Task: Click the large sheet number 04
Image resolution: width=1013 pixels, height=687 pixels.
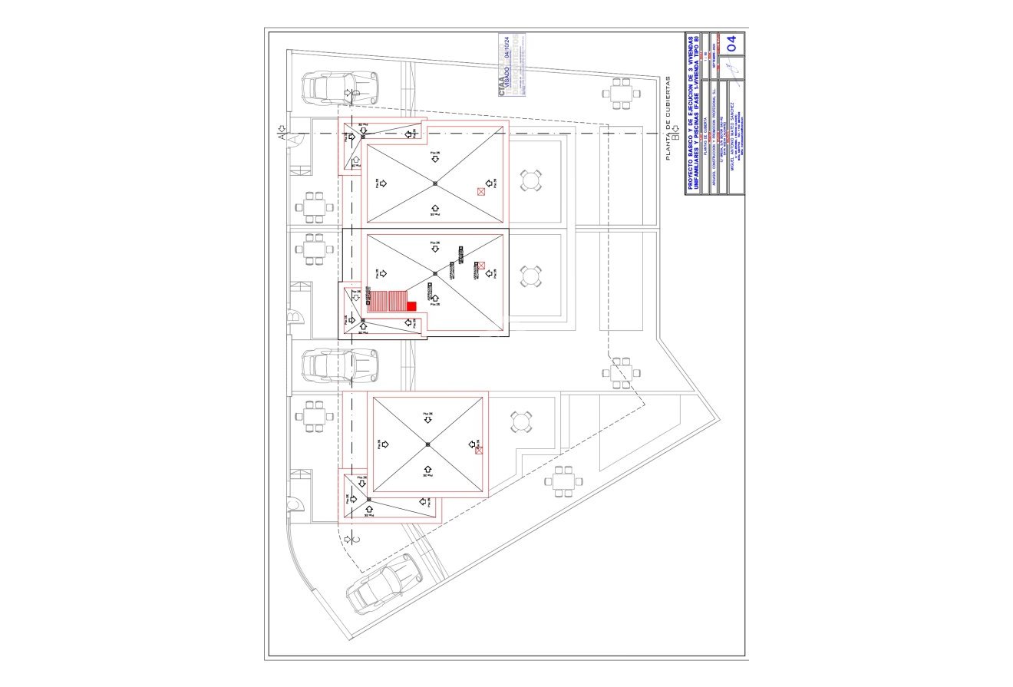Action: tap(733, 44)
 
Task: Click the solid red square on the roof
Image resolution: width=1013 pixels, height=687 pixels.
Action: tap(411, 306)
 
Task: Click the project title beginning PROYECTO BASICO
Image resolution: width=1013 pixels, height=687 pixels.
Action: tap(692, 112)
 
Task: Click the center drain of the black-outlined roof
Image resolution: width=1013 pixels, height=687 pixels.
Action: tap(434, 272)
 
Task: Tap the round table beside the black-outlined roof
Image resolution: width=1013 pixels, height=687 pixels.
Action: tap(530, 276)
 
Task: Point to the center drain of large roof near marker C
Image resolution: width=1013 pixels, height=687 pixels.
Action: tap(427, 444)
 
